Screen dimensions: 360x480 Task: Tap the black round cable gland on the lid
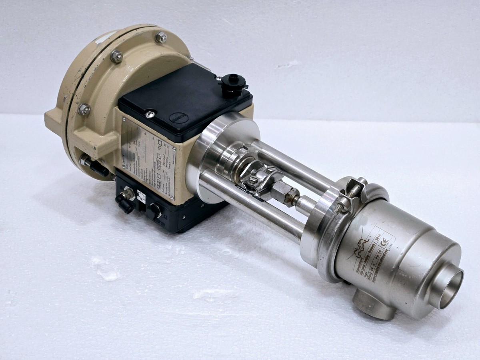click(x=232, y=83)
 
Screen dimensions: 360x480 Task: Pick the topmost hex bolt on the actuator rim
click(x=161, y=37)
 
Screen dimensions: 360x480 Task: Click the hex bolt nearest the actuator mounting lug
click(x=84, y=109)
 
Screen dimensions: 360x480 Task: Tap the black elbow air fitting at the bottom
click(x=125, y=198)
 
